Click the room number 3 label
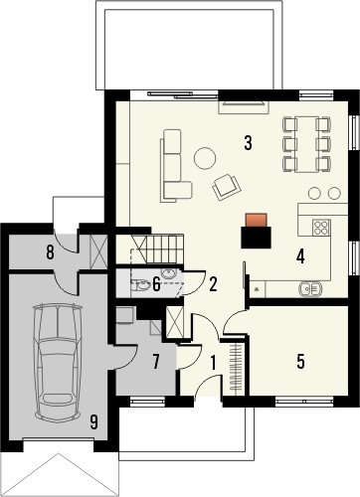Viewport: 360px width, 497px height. pyautogui.click(x=248, y=143)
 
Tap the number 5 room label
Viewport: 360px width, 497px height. pyautogui.click(x=300, y=361)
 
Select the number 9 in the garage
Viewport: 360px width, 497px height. pyautogui.click(x=94, y=422)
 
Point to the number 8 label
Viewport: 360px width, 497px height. pyautogui.click(x=50, y=252)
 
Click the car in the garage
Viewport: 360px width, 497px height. pyautogui.click(x=58, y=363)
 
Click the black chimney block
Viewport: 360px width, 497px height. pyautogui.click(x=256, y=238)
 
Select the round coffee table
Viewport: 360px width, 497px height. pyautogui.click(x=205, y=158)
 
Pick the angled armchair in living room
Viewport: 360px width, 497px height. pyautogui.click(x=227, y=187)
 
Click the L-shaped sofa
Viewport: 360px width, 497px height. pyautogui.click(x=173, y=166)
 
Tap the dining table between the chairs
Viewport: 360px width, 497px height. pyautogui.click(x=306, y=144)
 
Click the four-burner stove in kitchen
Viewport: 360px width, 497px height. pyautogui.click(x=321, y=228)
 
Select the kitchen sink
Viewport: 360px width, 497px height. pyautogui.click(x=310, y=288)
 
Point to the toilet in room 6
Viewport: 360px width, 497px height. pyautogui.click(x=140, y=285)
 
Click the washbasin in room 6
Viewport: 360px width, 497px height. pyautogui.click(x=169, y=273)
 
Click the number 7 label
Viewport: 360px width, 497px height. pyautogui.click(x=156, y=361)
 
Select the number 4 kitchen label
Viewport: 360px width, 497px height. pyautogui.click(x=300, y=256)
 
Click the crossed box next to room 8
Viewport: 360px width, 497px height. pyautogui.click(x=98, y=251)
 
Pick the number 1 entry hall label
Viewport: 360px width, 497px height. pyautogui.click(x=213, y=363)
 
